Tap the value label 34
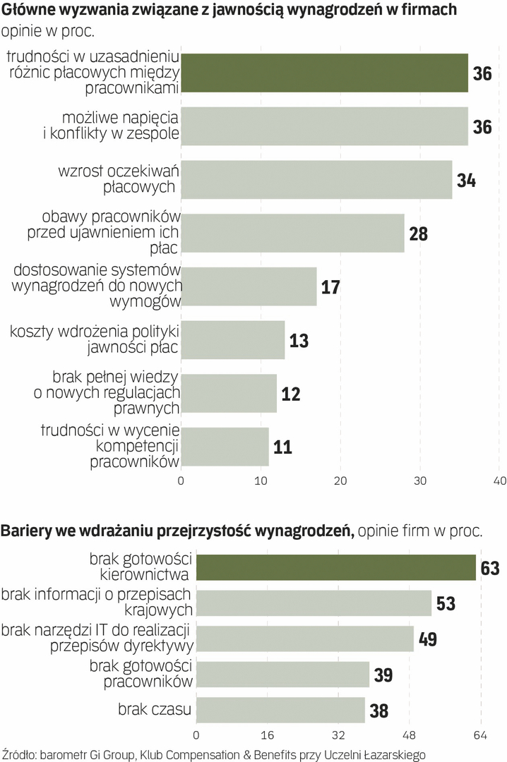click(x=466, y=180)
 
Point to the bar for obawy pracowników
click(x=292, y=233)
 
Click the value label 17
click(x=330, y=287)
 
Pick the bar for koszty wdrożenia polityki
click(x=233, y=340)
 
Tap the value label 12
click(x=291, y=394)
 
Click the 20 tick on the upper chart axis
click(x=340, y=482)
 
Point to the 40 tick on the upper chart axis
click(x=499, y=482)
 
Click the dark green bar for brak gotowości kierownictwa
click(x=335, y=567)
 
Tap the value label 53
click(x=446, y=604)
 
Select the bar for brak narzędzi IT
click(x=304, y=639)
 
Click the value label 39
click(x=383, y=675)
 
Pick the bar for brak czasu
click(x=280, y=710)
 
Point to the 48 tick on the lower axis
click(x=410, y=734)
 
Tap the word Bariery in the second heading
click(x=27, y=531)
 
